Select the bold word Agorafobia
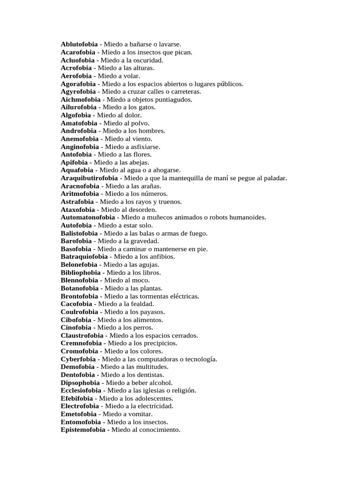[78, 84]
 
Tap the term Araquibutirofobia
[89, 178]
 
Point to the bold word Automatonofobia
[88, 217]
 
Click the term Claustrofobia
[82, 336]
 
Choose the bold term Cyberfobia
[78, 359]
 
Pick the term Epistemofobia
[83, 430]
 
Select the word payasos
[152, 312]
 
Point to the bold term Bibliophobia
[80, 273]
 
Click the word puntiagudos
[172, 99]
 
